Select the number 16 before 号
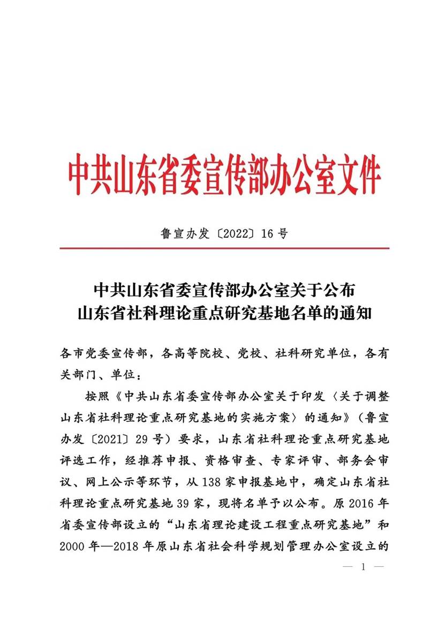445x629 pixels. pos(269,233)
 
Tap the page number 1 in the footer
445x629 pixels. pos(363,566)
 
